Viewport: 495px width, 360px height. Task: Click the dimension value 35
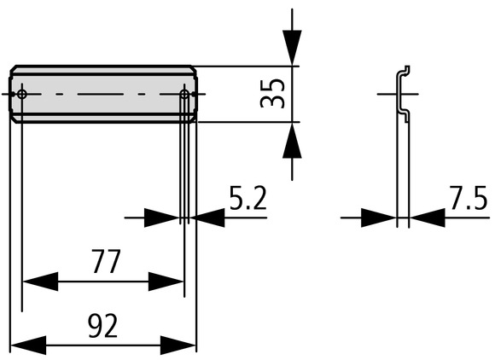click(272, 93)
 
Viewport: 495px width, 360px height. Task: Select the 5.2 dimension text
click(248, 198)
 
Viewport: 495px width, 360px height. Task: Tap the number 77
click(107, 261)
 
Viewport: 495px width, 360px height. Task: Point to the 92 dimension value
click(103, 326)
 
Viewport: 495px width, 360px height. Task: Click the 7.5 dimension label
click(469, 198)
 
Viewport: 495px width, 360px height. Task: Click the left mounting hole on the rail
click(22, 94)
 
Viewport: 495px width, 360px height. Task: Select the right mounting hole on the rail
click(184, 94)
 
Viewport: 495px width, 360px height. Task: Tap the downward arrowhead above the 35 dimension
click(292, 48)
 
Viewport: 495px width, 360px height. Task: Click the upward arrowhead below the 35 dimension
click(292, 140)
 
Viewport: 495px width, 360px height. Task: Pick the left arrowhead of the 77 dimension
click(40, 282)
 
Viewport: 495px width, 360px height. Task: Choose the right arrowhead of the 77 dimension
click(166, 282)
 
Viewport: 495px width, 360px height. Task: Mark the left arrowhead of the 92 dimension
click(29, 345)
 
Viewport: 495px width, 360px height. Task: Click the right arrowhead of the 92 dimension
click(178, 345)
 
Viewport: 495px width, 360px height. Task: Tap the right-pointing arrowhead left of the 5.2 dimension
click(162, 218)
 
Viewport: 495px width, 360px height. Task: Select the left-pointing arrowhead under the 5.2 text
click(207, 218)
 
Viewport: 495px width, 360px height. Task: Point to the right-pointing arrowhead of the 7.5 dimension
click(379, 218)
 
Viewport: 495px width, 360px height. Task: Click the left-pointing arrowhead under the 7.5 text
click(427, 218)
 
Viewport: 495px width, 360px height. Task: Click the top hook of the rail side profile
click(405, 70)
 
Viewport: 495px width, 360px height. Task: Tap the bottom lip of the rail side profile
click(405, 115)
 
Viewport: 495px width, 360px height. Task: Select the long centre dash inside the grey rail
click(101, 94)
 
